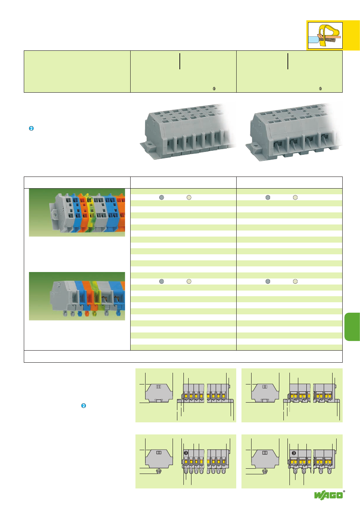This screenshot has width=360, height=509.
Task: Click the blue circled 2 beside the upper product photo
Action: coord(31,129)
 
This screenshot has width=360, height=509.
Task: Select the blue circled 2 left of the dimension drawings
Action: coord(83,405)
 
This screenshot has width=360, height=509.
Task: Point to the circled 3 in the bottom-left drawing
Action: coord(186,453)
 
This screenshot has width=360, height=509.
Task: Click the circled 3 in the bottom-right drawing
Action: coord(293,453)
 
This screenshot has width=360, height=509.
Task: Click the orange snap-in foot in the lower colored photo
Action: coord(92,313)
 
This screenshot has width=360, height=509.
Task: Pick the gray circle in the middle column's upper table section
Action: coord(161,197)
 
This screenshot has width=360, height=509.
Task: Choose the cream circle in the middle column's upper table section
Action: coord(189,197)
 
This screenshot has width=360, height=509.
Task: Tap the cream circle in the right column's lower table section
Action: coord(295,281)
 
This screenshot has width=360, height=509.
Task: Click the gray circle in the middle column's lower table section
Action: coord(161,281)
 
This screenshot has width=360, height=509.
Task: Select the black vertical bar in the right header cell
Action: coord(288,61)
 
